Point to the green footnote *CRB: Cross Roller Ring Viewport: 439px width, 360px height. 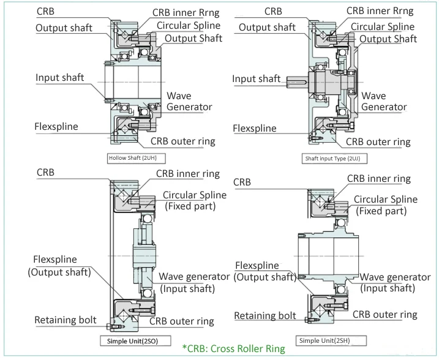[x=233, y=349]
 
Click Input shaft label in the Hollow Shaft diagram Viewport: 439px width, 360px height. [x=60, y=78]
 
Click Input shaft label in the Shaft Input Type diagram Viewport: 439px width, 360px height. [x=256, y=78]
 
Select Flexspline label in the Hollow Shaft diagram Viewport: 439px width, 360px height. [x=61, y=127]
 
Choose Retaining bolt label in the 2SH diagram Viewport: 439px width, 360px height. [x=265, y=316]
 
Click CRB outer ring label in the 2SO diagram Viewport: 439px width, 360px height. [x=182, y=321]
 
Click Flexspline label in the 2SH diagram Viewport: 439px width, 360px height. [x=266, y=271]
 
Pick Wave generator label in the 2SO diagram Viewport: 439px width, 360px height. [x=194, y=282]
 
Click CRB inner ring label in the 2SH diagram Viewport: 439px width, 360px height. [x=379, y=179]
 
